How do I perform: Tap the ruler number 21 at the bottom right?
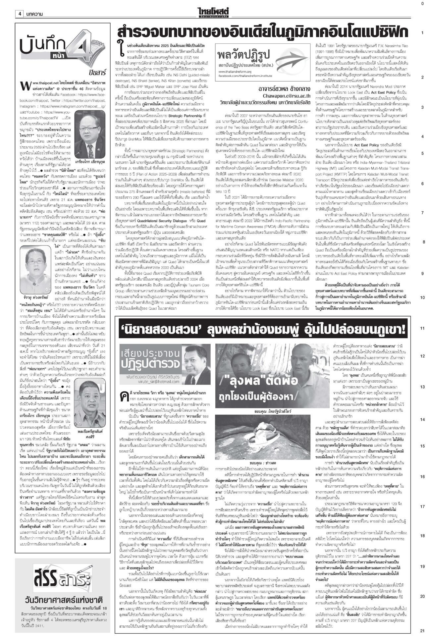422,630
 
